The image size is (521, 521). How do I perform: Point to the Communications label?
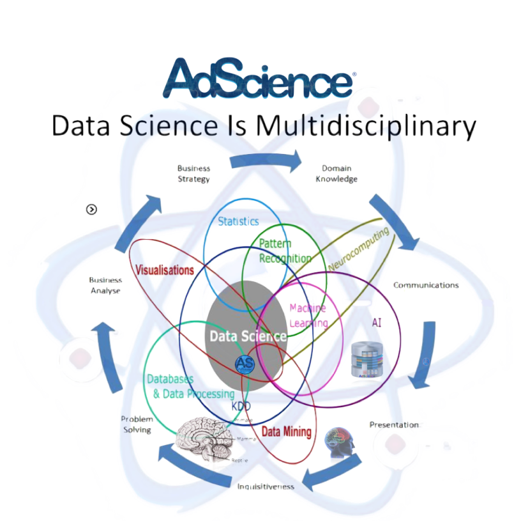click(426, 285)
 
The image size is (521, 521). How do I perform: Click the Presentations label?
click(396, 424)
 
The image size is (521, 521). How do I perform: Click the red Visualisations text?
click(165, 271)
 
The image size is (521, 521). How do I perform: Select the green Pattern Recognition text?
click(285, 251)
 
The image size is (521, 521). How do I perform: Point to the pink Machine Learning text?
click(308, 315)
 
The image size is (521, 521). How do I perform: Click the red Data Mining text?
click(287, 432)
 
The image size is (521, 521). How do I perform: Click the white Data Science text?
click(248, 336)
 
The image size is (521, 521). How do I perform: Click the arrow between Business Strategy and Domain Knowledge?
click(266, 160)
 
